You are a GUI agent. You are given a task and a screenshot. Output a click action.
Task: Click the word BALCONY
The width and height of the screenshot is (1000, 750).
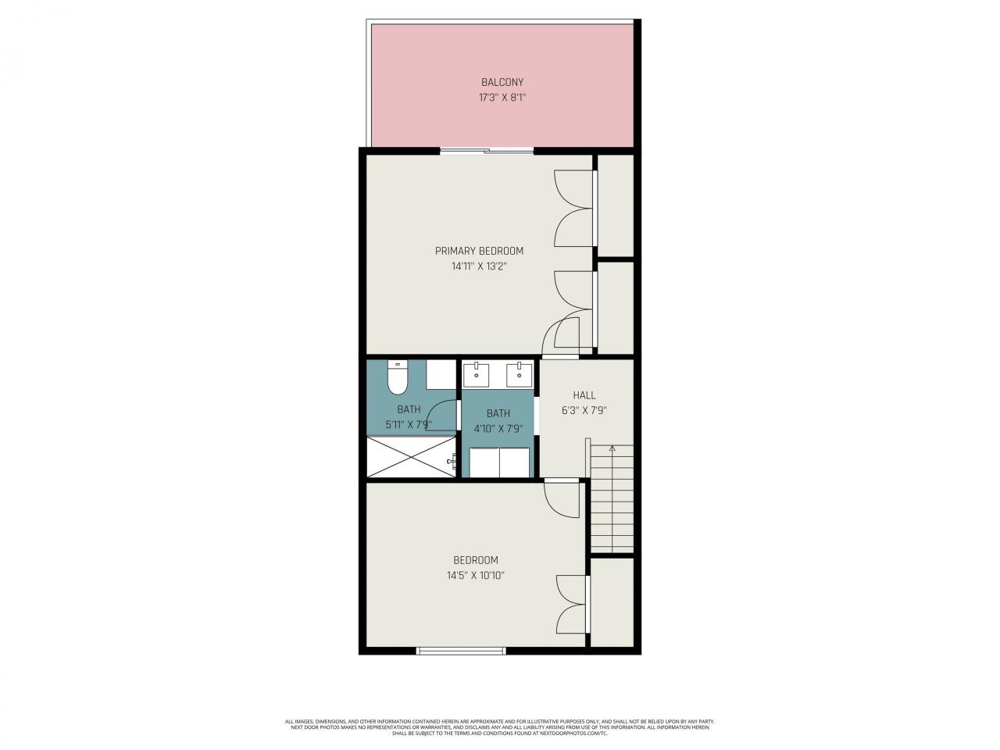tap(502, 82)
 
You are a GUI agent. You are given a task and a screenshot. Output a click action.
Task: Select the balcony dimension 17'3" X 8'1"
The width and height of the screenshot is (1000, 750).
tap(502, 98)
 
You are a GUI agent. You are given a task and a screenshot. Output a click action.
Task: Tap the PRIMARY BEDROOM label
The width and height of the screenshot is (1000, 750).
tap(479, 251)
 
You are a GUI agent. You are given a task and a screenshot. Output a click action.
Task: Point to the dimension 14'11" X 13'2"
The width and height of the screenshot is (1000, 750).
tap(479, 266)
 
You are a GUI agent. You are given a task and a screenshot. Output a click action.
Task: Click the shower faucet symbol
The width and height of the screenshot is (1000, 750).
tap(452, 462)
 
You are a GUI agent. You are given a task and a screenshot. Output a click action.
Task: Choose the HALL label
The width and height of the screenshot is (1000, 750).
tap(584, 395)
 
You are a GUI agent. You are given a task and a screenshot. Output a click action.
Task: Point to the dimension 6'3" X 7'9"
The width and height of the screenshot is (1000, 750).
tap(584, 410)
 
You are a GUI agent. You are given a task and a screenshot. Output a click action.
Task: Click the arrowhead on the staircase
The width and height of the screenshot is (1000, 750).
tap(612, 448)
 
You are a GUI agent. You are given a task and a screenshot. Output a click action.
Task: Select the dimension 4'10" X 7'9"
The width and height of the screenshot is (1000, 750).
tap(498, 429)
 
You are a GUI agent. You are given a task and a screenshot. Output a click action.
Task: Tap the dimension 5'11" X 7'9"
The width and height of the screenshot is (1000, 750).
tap(409, 425)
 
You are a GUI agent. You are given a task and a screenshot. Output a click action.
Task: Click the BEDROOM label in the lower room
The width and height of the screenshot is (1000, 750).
tap(476, 560)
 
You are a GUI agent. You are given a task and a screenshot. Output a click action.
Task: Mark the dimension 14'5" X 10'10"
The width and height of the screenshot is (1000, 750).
tap(476, 576)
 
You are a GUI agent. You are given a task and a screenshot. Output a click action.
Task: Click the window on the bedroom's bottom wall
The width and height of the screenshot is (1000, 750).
tap(461, 650)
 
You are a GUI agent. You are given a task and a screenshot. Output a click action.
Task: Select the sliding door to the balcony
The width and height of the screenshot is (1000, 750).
tap(487, 151)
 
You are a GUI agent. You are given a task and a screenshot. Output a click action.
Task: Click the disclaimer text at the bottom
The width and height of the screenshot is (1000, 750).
tap(500, 727)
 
